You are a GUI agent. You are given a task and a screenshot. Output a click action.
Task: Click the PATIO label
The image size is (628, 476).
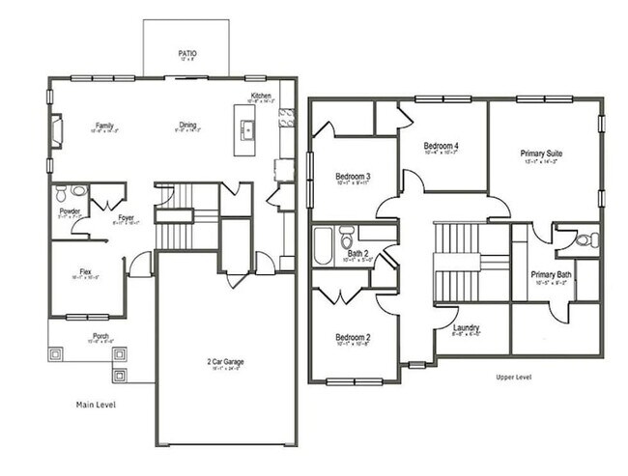187,53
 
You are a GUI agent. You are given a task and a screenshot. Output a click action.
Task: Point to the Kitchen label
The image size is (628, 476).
261,96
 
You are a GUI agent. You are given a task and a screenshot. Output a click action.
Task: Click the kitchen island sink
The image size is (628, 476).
246,129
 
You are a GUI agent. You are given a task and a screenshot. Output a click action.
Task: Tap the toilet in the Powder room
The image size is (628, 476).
62,192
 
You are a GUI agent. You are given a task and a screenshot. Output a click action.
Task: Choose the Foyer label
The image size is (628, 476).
126,218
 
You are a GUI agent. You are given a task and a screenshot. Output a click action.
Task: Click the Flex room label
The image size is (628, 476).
86,273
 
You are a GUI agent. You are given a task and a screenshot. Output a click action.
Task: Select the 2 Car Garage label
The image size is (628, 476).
225,361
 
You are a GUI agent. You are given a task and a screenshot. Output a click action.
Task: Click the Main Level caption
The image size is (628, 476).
96,405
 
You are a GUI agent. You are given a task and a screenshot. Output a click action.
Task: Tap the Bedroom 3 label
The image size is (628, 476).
354,177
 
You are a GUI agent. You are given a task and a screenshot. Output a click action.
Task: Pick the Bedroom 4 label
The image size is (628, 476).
442,147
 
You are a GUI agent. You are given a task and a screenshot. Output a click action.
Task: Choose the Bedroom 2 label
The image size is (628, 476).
354,337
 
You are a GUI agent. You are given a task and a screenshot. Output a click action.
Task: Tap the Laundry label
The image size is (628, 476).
467,328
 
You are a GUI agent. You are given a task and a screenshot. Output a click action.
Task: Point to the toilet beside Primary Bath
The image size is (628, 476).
589,239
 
